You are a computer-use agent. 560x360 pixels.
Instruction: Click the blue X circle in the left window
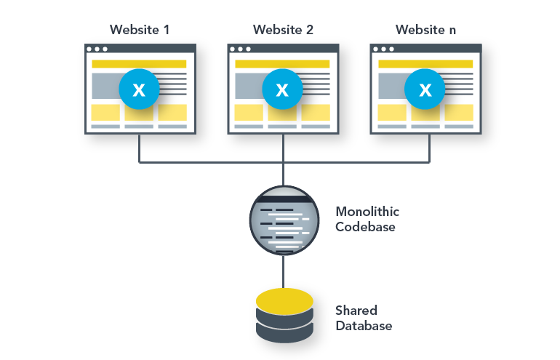tap(139, 89)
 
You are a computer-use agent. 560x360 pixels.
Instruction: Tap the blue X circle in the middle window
tap(282, 89)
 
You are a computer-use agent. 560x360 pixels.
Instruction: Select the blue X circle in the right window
tap(425, 89)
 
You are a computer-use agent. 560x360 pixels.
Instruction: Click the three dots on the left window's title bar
tap(97, 49)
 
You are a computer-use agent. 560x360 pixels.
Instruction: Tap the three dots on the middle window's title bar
tap(240, 49)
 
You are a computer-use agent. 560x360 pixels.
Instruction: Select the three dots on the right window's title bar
tap(383, 49)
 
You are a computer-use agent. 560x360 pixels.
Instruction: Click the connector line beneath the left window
tap(139, 144)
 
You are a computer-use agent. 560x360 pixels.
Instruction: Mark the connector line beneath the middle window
tap(283, 144)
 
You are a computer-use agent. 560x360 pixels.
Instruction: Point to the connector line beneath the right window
tap(428, 144)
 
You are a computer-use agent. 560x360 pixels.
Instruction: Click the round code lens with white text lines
tap(284, 220)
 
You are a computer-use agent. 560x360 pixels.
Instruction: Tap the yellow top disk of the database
tap(284, 300)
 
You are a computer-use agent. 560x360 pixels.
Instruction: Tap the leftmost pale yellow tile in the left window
tap(105, 112)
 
